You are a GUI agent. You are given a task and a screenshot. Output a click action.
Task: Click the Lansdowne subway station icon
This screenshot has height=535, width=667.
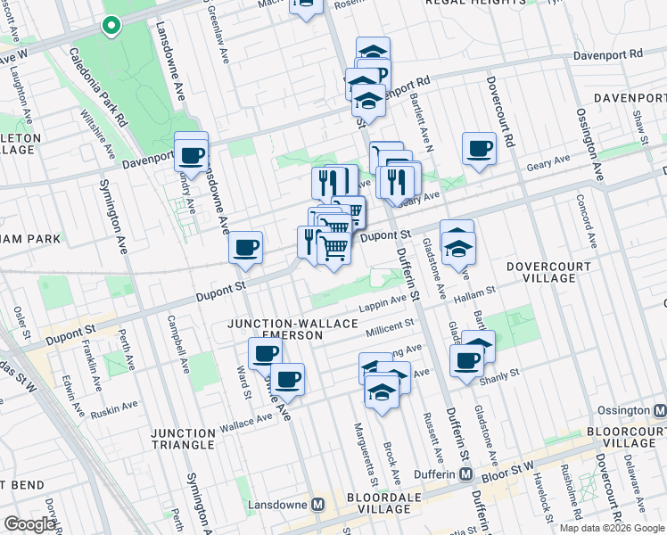pyautogui.click(x=320, y=504)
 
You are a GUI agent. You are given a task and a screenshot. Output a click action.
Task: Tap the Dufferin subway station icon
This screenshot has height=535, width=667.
pyautogui.click(x=466, y=474)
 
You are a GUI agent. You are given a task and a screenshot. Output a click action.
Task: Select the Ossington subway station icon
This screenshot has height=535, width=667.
pyautogui.click(x=660, y=411)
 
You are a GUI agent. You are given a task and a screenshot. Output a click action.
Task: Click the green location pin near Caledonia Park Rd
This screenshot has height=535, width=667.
pyautogui.click(x=111, y=26)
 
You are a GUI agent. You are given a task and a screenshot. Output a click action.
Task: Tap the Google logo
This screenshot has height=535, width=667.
pyautogui.click(x=30, y=524)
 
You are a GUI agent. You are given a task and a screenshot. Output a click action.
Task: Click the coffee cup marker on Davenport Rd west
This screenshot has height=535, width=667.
pyautogui.click(x=191, y=154)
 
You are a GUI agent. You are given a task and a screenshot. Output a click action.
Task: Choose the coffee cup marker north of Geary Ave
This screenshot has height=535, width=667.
pyautogui.click(x=479, y=147)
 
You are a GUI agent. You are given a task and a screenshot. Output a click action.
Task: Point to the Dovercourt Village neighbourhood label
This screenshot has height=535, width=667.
pyautogui.click(x=541, y=272)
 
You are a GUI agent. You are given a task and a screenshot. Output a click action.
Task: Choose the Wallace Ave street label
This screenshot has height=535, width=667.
pyautogui.click(x=243, y=424)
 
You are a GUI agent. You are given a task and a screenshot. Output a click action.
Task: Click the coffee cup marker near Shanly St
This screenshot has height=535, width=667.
pyautogui.click(x=467, y=359)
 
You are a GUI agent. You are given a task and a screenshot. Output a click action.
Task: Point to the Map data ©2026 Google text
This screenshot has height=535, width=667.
pyautogui.click(x=611, y=528)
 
